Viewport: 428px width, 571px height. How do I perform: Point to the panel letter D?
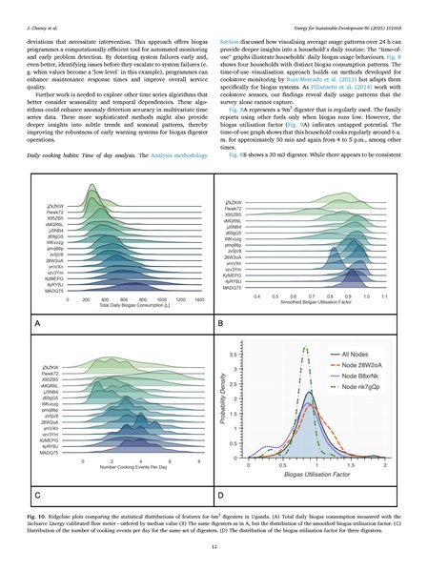point(221,495)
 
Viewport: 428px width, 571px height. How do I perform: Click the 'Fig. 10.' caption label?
point(39,514)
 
